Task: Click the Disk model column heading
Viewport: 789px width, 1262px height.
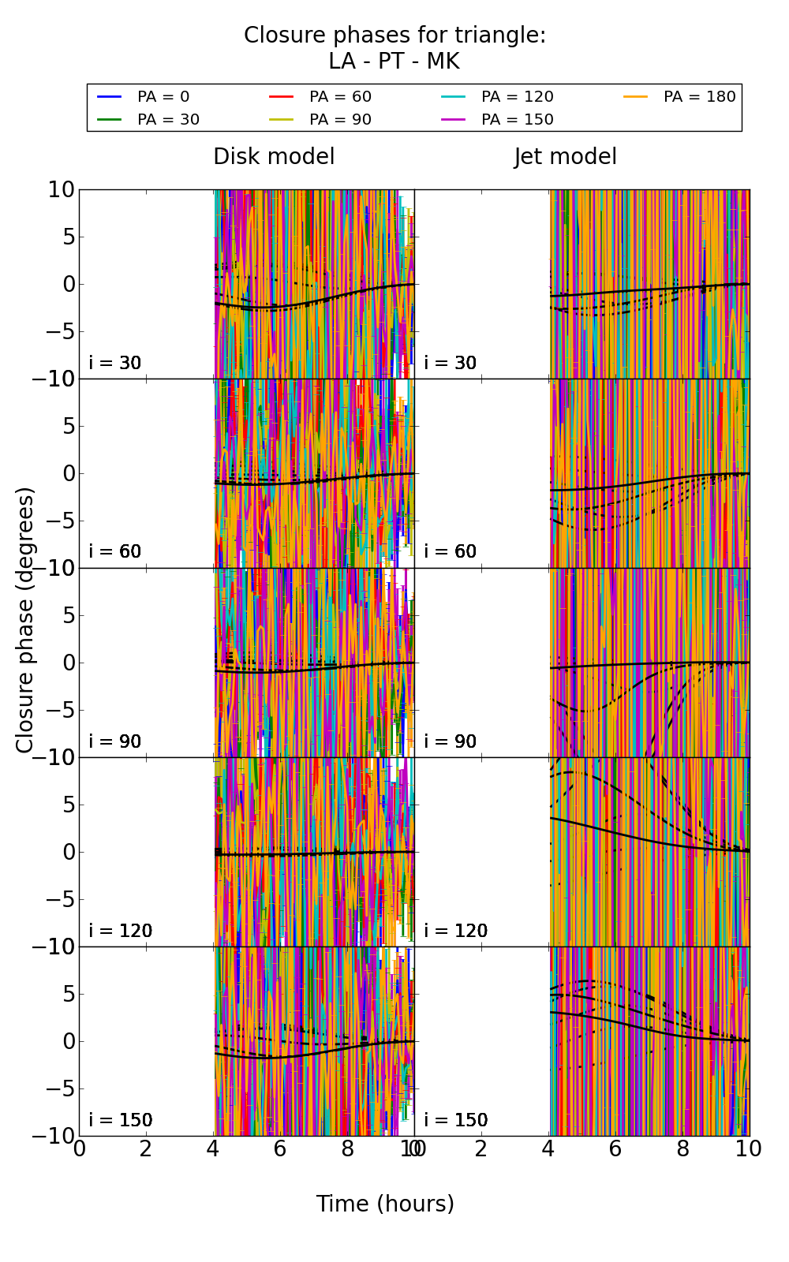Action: (x=274, y=157)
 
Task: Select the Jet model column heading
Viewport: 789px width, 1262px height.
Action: (x=565, y=157)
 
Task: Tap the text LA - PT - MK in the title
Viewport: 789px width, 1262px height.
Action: (x=394, y=62)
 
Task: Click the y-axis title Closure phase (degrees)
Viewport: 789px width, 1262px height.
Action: (x=25, y=620)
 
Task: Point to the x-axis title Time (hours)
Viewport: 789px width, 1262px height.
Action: (x=385, y=1204)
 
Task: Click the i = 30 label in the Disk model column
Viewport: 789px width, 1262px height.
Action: (x=115, y=363)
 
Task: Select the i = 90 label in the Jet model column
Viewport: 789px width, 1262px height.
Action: (x=451, y=741)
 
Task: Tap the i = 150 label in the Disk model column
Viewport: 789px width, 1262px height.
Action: (x=121, y=1120)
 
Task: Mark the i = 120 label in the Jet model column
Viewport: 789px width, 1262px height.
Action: (x=456, y=931)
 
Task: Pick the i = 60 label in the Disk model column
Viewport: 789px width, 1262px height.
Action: (x=115, y=551)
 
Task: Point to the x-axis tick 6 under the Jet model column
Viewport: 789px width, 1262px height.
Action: (x=615, y=1149)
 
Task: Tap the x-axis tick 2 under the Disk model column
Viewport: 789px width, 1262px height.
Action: (x=146, y=1149)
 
